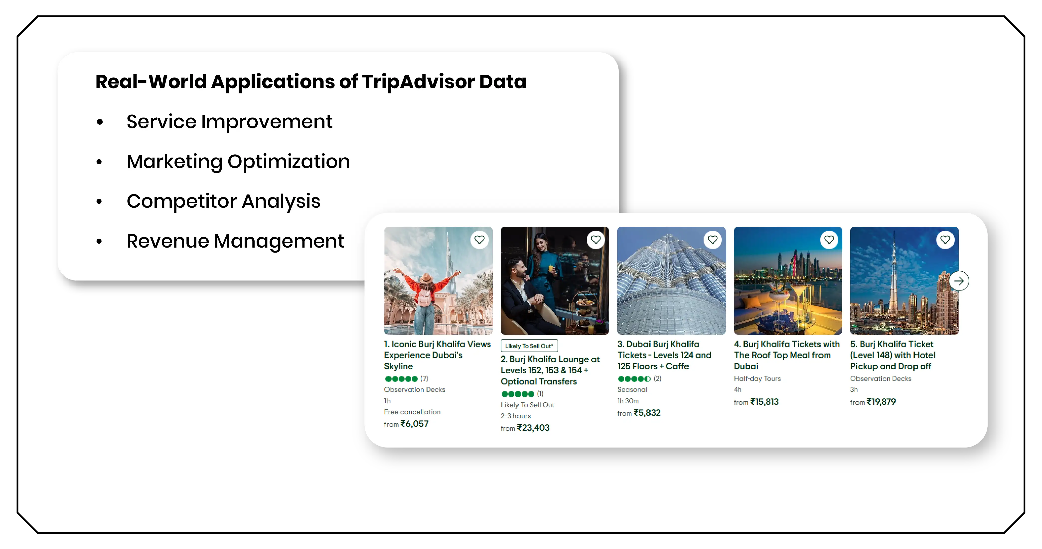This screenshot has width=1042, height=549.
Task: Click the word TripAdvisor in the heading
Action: pyautogui.click(x=418, y=82)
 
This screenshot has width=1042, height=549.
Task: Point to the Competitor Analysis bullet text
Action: pyautogui.click(x=223, y=201)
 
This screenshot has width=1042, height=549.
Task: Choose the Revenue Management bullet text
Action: pyautogui.click(x=235, y=241)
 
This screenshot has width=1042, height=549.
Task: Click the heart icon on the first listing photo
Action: pyautogui.click(x=479, y=240)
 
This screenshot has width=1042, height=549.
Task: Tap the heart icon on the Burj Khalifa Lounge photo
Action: pyautogui.click(x=596, y=240)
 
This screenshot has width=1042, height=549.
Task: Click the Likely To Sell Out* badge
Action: pyautogui.click(x=529, y=346)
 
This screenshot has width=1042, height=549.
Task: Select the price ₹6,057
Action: pyautogui.click(x=414, y=424)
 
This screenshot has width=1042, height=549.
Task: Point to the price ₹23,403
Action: pyautogui.click(x=533, y=428)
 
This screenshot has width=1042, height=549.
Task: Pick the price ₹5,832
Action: pyautogui.click(x=647, y=413)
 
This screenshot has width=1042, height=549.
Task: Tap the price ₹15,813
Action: pyautogui.click(x=764, y=402)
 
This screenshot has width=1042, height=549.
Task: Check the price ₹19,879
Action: pyautogui.click(x=881, y=402)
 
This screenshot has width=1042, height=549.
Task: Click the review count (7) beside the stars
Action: pyautogui.click(x=424, y=378)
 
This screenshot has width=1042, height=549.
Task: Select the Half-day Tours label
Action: pyautogui.click(x=757, y=378)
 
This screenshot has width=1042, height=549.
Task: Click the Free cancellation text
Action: pyautogui.click(x=412, y=412)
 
